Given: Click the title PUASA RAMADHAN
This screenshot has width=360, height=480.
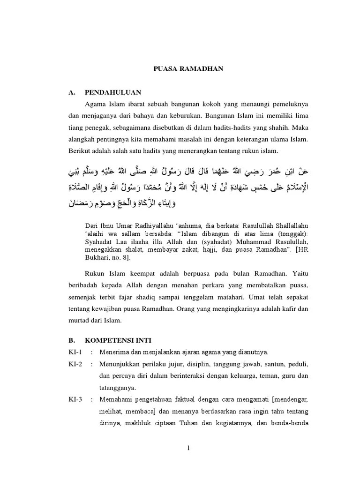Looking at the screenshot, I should click(189, 69).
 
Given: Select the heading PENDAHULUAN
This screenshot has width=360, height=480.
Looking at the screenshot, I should click(113, 92).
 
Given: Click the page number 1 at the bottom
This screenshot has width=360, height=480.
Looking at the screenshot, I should click(188, 448).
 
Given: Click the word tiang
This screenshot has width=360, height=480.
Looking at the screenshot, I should click(75, 127).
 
